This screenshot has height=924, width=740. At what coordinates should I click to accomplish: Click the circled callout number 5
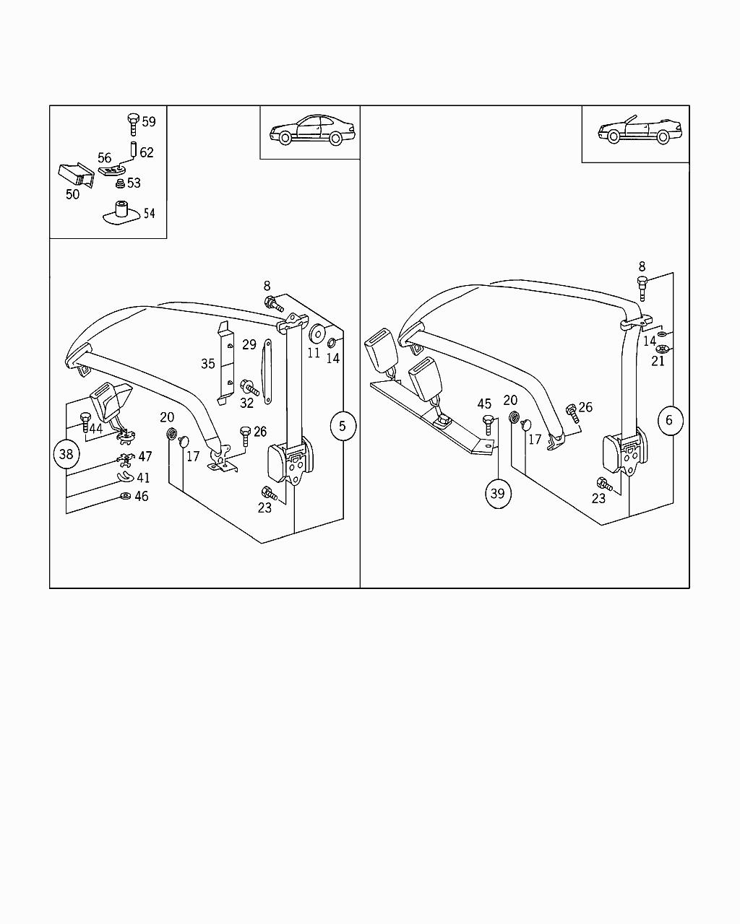343,426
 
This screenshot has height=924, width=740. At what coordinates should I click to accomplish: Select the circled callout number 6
669,419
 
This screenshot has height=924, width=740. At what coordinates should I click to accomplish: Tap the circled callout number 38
66,454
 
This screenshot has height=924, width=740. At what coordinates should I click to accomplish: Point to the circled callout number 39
498,494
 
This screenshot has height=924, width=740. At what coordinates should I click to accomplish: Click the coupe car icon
310,130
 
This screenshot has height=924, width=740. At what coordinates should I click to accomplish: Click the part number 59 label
149,121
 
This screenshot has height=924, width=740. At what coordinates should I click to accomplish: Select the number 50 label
72,194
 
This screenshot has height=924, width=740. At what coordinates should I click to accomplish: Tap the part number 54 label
149,213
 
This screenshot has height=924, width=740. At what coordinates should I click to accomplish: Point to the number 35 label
208,364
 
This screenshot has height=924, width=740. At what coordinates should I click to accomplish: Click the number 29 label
249,344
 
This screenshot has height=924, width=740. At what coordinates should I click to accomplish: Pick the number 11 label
314,354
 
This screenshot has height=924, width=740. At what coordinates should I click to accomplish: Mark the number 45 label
484,404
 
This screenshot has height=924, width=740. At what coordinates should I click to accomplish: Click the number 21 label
658,361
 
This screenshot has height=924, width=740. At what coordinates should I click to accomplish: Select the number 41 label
144,478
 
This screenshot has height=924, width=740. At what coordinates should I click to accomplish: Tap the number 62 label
147,152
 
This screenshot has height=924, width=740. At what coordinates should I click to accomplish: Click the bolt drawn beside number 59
132,123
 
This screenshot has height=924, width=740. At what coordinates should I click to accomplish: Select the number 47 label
145,456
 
